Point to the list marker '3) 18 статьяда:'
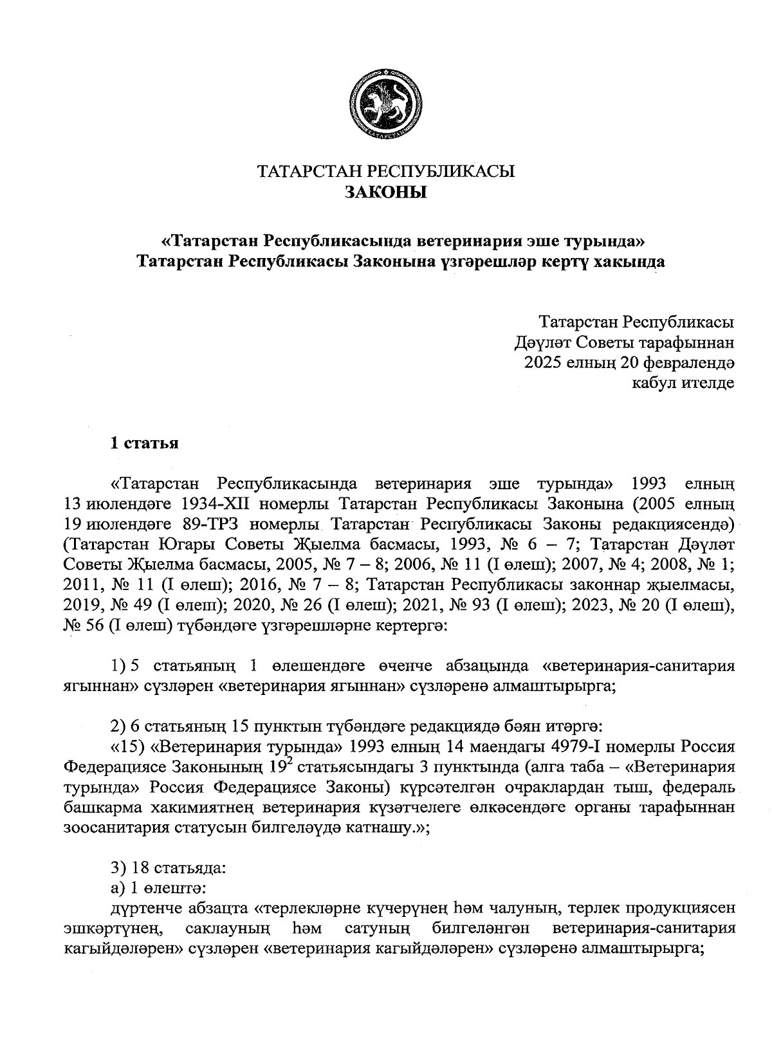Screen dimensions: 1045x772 pos(168,868)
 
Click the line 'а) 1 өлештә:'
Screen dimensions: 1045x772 pos(158,888)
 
